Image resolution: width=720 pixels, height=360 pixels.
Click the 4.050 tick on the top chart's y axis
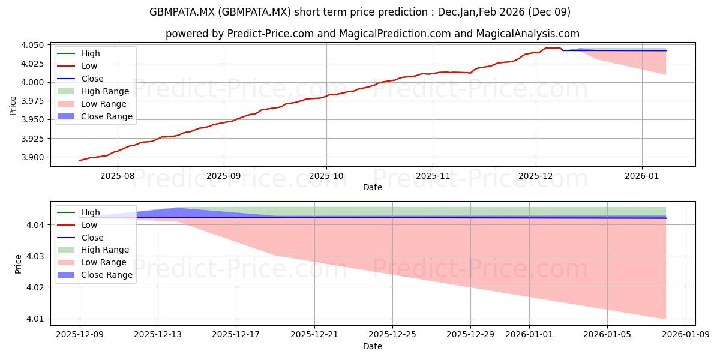34,45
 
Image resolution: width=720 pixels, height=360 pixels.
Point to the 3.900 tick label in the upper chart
34,157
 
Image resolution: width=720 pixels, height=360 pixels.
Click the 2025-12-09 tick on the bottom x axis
80,334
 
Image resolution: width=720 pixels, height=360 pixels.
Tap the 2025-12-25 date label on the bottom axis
392,334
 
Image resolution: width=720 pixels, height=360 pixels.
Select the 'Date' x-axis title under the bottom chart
373,346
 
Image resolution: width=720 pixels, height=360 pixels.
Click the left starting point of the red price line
79,160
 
